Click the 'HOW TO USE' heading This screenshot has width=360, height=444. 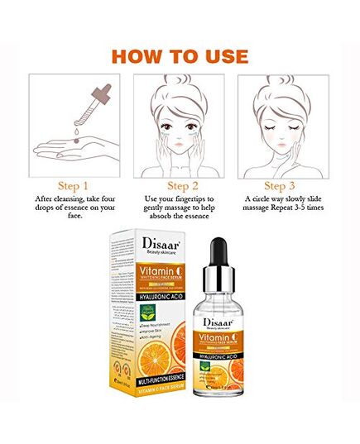pos(180,56)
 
